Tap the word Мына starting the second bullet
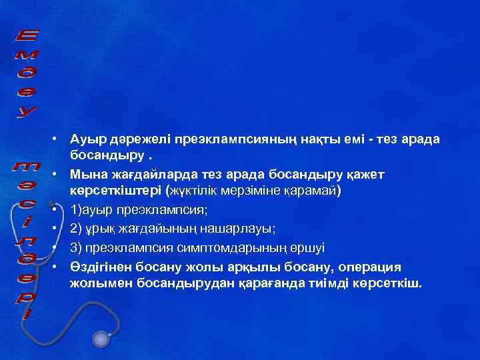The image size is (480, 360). (87, 175)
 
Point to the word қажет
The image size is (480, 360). (365, 175)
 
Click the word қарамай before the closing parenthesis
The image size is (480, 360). (313, 193)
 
